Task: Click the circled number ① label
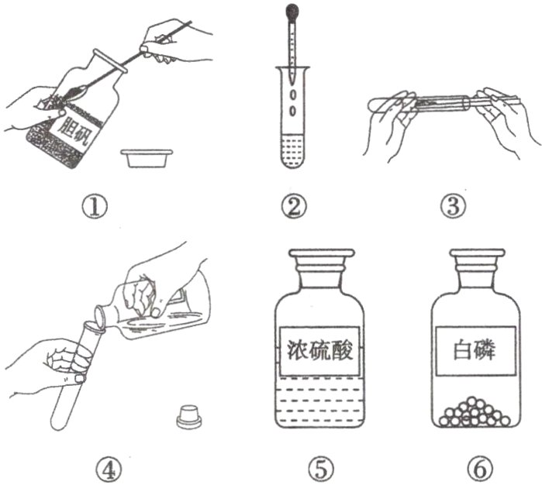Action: tap(95, 206)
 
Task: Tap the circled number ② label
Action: tap(293, 206)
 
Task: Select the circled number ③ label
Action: tap(453, 206)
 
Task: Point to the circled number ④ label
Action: tap(109, 470)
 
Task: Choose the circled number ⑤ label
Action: tap(322, 470)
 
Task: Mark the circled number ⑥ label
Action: tap(481, 470)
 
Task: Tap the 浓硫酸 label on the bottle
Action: tap(320, 351)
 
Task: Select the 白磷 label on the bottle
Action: tap(475, 351)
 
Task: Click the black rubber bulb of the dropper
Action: tap(292, 10)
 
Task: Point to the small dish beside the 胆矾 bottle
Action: tap(147, 158)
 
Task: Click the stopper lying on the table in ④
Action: tap(188, 417)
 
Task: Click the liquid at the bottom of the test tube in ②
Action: tap(292, 151)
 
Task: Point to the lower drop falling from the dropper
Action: tap(293, 111)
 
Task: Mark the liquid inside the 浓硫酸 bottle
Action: tap(319, 401)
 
